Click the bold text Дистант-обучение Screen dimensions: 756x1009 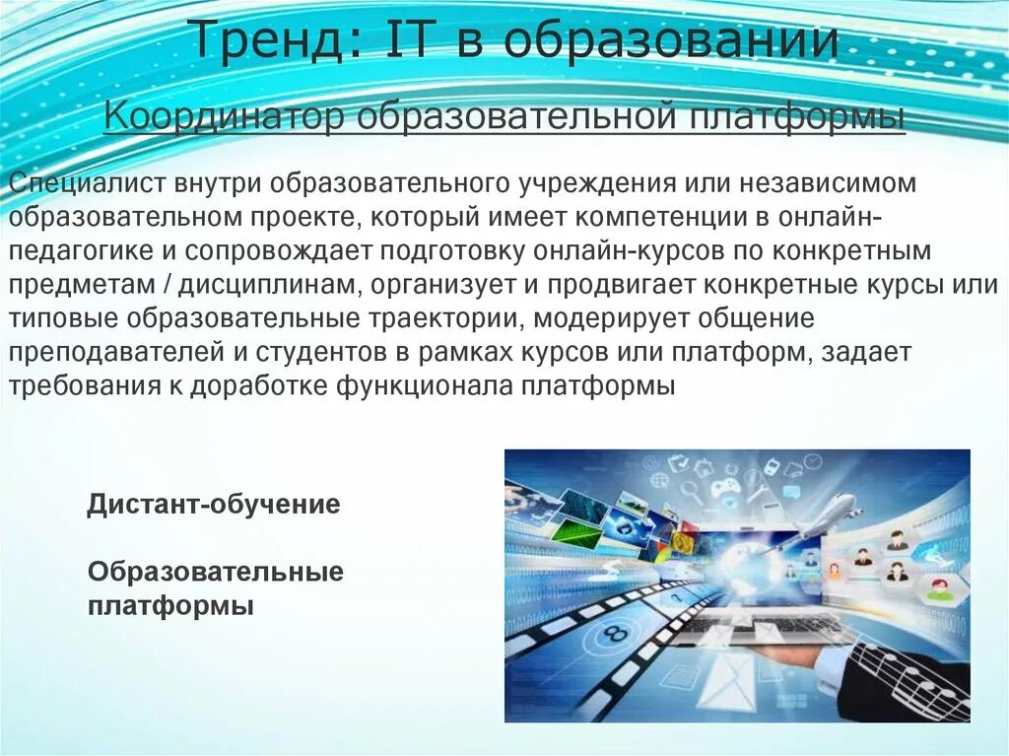pyautogui.click(x=214, y=506)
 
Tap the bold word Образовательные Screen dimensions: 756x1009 pyautogui.click(x=216, y=572)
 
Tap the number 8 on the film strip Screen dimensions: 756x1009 pyautogui.click(x=615, y=633)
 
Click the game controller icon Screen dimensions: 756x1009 pyautogui.click(x=725, y=488)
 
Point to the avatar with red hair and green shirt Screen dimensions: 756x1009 pyautogui.click(x=937, y=590)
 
